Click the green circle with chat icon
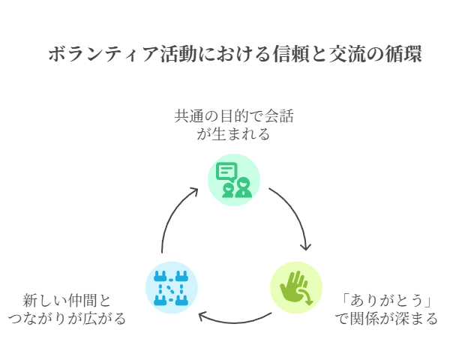click(233, 179)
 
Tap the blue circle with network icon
click(171, 286)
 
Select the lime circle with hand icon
click(295, 286)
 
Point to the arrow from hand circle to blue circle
click(233, 321)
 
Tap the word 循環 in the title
click(403, 55)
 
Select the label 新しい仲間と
click(67, 301)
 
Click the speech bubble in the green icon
click(226, 171)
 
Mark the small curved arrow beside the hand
click(307, 299)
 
